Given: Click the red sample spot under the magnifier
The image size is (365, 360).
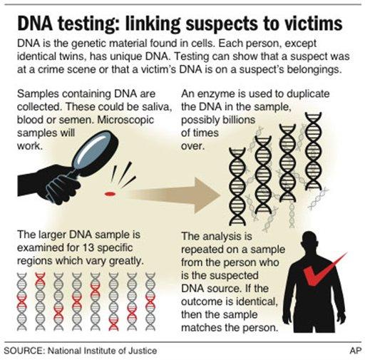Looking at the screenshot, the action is (x=110, y=194).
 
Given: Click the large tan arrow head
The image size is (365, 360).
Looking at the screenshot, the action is (x=207, y=195).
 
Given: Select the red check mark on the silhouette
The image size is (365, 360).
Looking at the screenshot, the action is (x=324, y=269).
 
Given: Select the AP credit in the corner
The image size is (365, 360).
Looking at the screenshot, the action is (x=355, y=351).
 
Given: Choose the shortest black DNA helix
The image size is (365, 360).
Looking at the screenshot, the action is (x=237, y=187).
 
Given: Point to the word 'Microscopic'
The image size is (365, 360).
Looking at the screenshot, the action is (x=125, y=120).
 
